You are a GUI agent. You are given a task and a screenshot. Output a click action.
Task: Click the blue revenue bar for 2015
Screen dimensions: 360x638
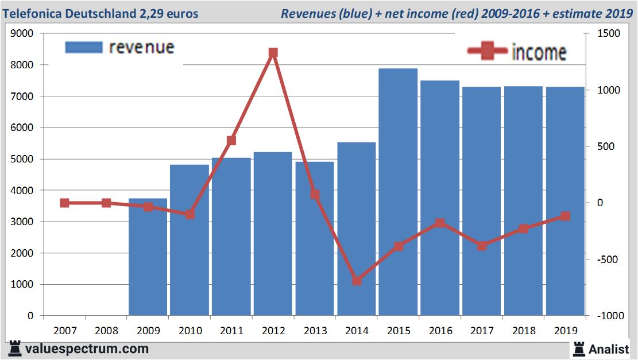(398, 192)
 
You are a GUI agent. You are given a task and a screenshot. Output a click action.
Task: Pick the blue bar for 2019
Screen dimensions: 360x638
(565, 201)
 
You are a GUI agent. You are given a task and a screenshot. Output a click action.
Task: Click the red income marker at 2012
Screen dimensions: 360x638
(273, 53)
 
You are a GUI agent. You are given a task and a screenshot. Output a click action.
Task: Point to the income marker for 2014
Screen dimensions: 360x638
(357, 281)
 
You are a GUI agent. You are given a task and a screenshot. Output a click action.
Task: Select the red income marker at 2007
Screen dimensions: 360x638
(64, 203)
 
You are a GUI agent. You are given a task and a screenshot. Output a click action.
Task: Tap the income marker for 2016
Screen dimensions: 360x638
(440, 223)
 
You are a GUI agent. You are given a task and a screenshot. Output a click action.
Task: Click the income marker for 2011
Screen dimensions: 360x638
(231, 140)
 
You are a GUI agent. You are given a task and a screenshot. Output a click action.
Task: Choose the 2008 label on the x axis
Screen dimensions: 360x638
(106, 331)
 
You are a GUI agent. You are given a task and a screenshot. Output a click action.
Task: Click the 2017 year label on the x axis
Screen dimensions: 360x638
(482, 331)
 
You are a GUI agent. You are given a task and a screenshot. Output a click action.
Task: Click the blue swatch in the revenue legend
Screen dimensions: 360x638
(84, 47)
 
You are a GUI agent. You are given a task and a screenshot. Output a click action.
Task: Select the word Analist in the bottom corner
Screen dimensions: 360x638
(609, 349)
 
